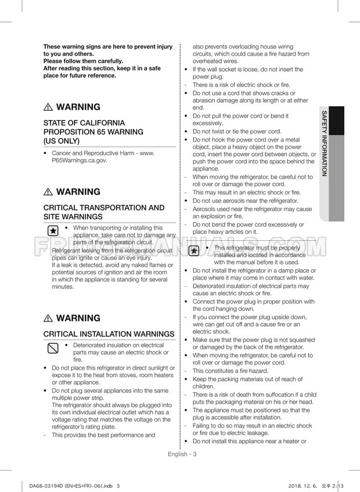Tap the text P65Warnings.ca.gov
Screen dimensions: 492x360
pyautogui.click(x=80, y=161)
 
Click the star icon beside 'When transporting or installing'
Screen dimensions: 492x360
pyautogui.click(x=53, y=231)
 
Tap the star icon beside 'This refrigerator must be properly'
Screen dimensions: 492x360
pyautogui.click(x=195, y=251)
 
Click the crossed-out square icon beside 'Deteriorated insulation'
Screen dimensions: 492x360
pyautogui.click(x=53, y=349)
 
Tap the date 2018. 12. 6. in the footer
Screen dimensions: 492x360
pyautogui.click(x=303, y=486)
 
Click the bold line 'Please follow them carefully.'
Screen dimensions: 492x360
pyautogui.click(x=83, y=61)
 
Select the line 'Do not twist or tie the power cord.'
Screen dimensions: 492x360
pyautogui.click(x=237, y=132)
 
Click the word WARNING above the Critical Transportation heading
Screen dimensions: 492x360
pyautogui.click(x=78, y=192)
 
